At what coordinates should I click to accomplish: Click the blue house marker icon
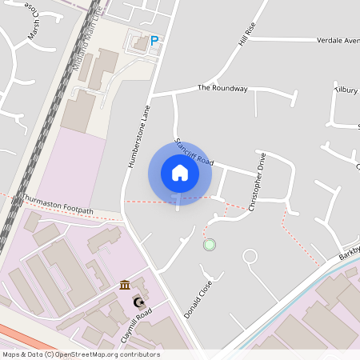[180, 173]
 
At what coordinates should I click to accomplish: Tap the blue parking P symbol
[154, 40]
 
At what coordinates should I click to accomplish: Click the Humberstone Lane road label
[138, 137]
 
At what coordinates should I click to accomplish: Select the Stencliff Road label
[194, 149]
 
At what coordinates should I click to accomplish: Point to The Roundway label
[222, 88]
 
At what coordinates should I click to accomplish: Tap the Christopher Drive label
[258, 182]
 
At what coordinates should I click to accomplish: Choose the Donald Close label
[198, 300]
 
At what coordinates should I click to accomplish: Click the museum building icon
[126, 286]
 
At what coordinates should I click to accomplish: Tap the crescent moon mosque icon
[138, 302]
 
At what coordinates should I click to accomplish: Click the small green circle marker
[210, 244]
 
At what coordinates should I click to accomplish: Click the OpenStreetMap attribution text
[80, 354]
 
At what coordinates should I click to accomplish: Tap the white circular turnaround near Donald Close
[250, 257]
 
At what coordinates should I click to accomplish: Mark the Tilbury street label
[346, 90]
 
